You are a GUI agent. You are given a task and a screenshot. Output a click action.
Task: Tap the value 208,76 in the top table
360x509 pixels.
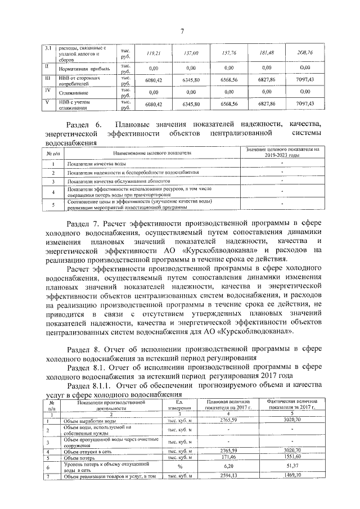[x=305, y=53]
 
